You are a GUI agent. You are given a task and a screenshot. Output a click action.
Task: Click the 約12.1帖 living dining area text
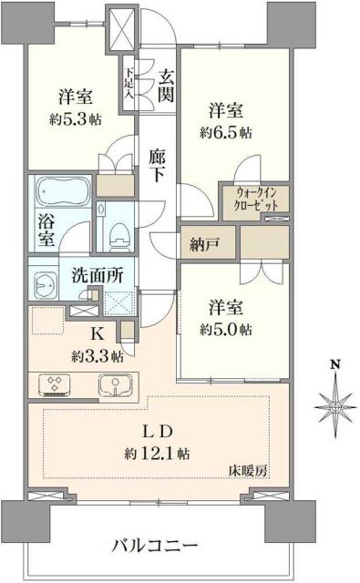coord(157,452)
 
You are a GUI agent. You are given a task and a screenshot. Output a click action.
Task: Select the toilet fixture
coord(116,236)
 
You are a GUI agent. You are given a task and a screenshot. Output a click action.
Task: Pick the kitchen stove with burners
coord(56,385)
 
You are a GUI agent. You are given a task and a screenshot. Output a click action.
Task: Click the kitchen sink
coord(111,385)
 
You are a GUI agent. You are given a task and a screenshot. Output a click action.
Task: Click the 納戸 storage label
coord(201,243)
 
